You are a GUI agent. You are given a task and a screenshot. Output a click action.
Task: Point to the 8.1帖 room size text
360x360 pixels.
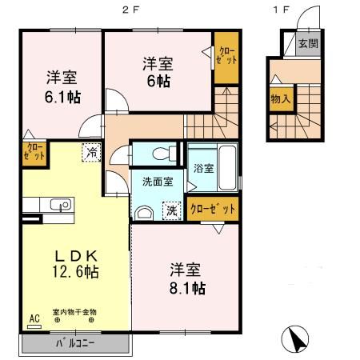[187, 286]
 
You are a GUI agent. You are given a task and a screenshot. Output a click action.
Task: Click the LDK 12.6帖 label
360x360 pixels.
[76, 264]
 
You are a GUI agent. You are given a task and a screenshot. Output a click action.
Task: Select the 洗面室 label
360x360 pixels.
[158, 182]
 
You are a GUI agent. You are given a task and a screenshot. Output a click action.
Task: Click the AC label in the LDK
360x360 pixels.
[34, 318]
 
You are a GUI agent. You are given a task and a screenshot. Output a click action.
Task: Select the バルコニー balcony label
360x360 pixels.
[75, 344]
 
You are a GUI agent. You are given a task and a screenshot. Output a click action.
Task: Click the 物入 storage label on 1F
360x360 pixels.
[280, 100]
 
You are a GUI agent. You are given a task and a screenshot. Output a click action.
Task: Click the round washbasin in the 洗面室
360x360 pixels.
[145, 212]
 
